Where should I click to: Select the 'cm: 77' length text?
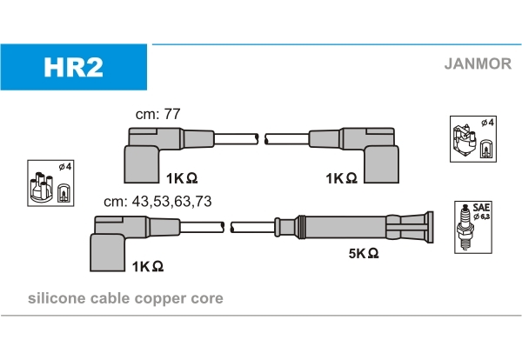158,114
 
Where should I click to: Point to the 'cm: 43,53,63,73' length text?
157,201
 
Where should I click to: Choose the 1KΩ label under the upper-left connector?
181,178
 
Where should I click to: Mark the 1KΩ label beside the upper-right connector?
341,178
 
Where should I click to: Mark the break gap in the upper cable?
261,137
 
